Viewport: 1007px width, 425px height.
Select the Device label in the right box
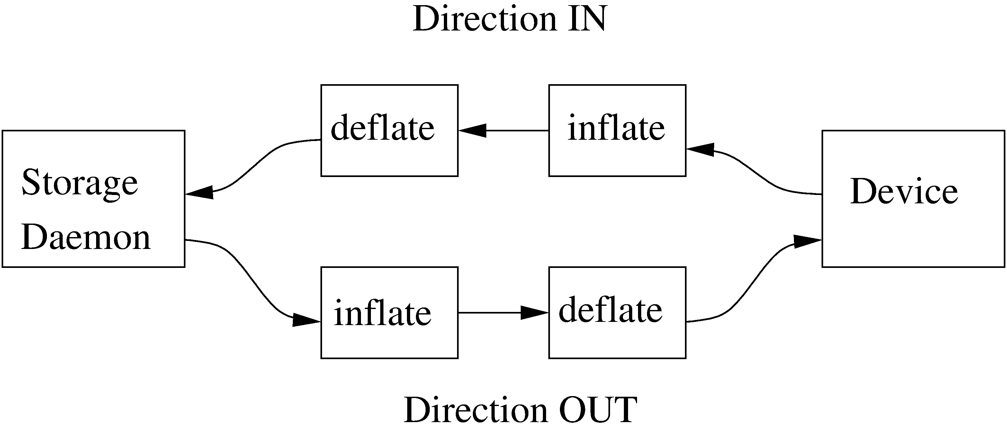pyautogui.click(x=904, y=192)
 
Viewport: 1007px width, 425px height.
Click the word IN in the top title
pyautogui.click(x=588, y=20)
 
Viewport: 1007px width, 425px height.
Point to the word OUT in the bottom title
pyautogui.click(x=598, y=410)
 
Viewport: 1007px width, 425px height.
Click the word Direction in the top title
pyautogui.click(x=485, y=20)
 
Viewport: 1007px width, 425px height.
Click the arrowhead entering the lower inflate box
pyautogui.click(x=307, y=320)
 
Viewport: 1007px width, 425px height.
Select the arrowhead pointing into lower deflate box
pyautogui.click(x=535, y=313)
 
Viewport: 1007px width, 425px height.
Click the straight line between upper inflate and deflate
pyautogui.click(x=516, y=130)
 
